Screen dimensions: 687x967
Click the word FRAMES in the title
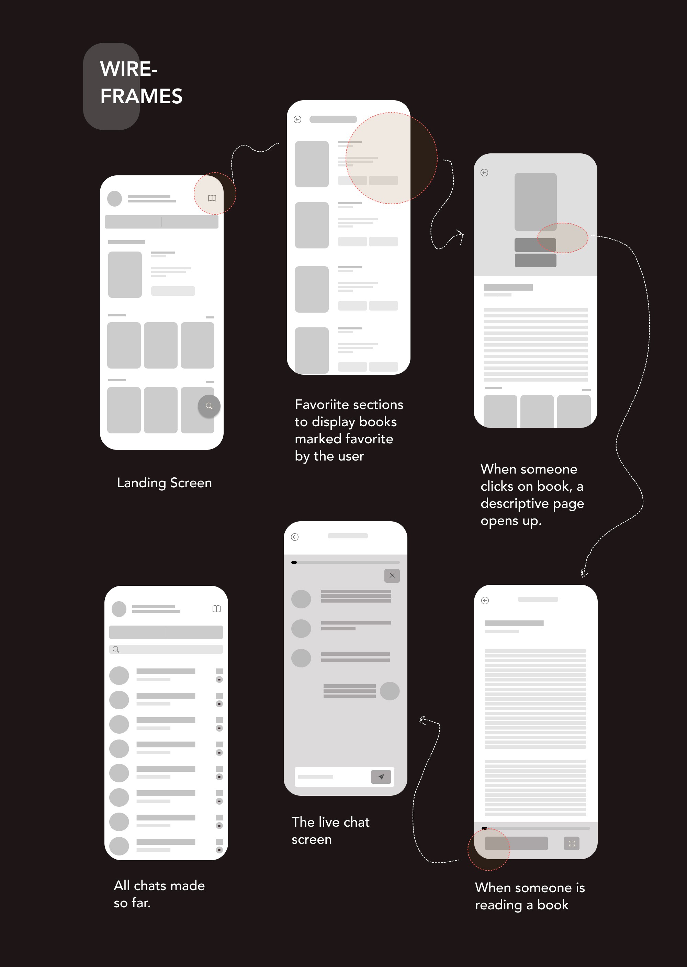[x=141, y=96]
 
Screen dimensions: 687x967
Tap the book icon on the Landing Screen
[x=212, y=198]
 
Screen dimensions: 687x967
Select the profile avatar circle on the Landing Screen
[x=115, y=198]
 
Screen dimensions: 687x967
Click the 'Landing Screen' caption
[x=164, y=483]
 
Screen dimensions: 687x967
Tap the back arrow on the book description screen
[x=484, y=173]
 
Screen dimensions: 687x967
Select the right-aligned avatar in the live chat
[x=390, y=691]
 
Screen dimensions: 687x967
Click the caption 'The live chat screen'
[x=330, y=830]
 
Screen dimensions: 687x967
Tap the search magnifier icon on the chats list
[x=115, y=650]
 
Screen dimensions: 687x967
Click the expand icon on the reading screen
[x=572, y=843]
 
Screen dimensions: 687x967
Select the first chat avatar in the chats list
[x=119, y=675]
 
